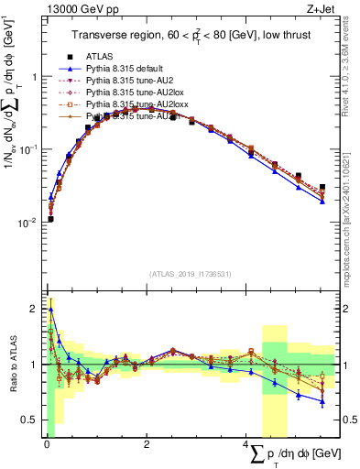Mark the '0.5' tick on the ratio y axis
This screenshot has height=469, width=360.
point(33,420)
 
